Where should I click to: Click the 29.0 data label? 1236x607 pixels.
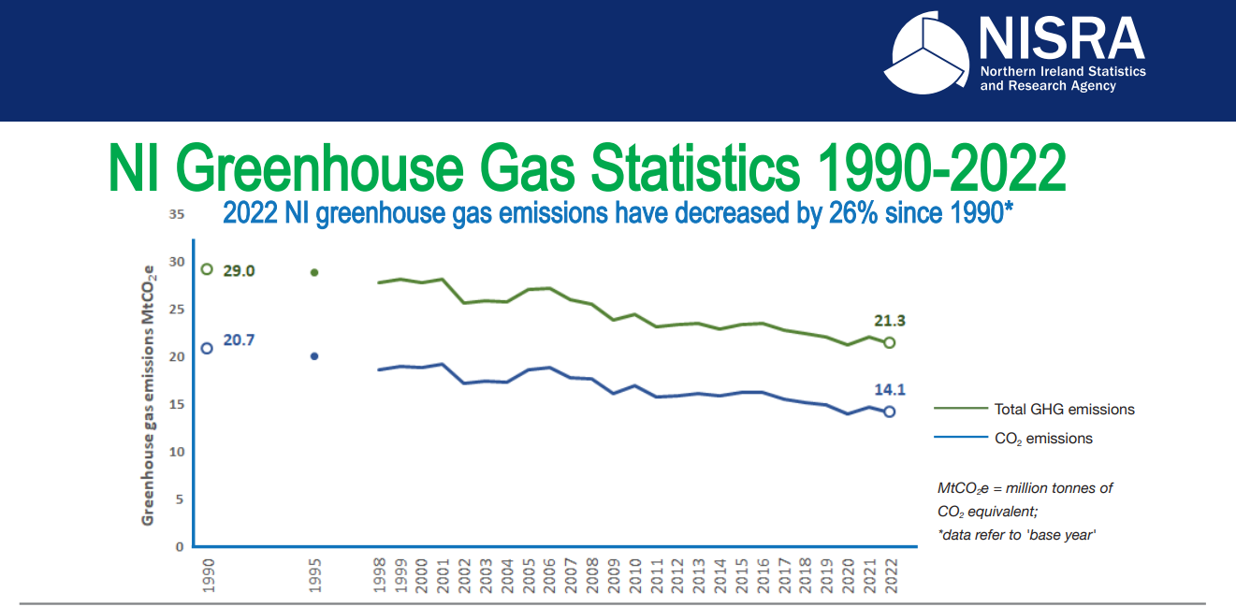pos(239,270)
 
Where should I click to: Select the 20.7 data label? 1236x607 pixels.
pos(239,340)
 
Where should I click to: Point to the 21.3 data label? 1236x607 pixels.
pos(889,321)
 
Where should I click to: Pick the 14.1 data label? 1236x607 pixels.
pos(889,390)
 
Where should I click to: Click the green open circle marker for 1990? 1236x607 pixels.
pos(207,269)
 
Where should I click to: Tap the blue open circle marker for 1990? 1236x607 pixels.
pos(207,348)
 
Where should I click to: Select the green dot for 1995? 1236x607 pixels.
pos(314,272)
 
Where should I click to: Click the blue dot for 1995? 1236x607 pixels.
pos(314,356)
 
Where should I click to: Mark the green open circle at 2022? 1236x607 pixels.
pos(889,342)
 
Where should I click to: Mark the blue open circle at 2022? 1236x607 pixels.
pos(889,412)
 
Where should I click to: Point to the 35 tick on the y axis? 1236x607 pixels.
pos(176,214)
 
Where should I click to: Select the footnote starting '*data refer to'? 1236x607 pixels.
pos(1016,534)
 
